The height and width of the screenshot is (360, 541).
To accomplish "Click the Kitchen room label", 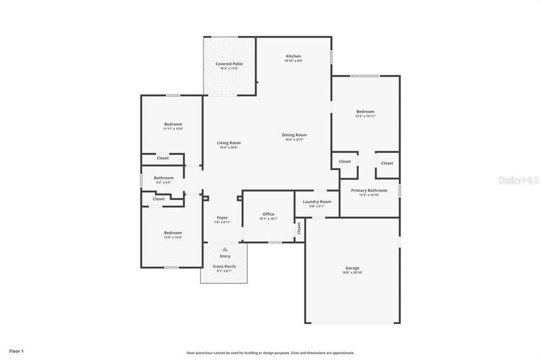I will click(293, 56).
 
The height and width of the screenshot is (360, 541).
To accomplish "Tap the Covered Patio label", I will click(229, 64).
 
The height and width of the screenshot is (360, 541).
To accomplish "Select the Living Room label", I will click(229, 143).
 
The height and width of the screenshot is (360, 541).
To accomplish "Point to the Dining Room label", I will click(294, 135).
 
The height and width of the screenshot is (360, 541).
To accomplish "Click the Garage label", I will click(352, 268).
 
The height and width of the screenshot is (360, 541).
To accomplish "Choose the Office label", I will click(268, 214).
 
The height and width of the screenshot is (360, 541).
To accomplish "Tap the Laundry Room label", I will click(316, 202).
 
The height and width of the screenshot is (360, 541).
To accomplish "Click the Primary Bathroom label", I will click(369, 190).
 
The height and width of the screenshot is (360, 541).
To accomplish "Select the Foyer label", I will click(222, 218).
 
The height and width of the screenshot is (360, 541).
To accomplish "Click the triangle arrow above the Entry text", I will click(225, 249).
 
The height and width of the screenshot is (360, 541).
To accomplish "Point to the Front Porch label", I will click(225, 266).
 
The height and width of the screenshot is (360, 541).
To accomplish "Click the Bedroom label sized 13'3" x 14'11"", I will click(365, 112).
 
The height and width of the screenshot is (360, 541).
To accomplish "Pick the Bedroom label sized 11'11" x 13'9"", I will click(172, 124).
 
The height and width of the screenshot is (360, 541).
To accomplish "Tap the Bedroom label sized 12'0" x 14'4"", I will click(173, 233).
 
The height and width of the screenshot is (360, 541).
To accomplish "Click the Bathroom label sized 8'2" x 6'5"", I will click(163, 178).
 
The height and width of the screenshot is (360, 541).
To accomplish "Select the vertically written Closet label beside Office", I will click(298, 229).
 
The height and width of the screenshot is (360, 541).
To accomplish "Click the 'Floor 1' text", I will click(16, 350).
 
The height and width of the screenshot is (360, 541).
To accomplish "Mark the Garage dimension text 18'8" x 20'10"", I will click(352, 273).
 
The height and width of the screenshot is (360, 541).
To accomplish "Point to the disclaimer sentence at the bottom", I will click(270, 353).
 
